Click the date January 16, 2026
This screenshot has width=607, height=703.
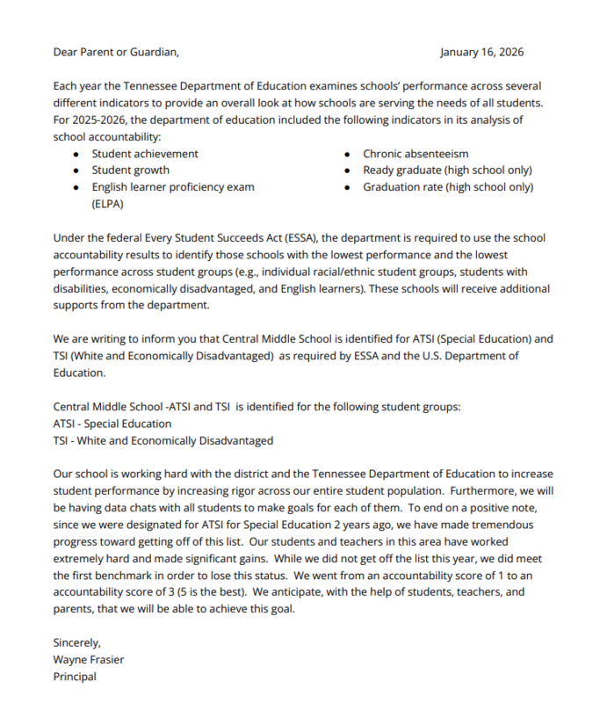click(x=481, y=52)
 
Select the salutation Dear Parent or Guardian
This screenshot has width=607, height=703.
click(x=115, y=52)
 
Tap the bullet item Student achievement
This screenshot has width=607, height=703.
click(x=145, y=154)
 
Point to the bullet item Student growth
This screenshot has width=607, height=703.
click(x=131, y=170)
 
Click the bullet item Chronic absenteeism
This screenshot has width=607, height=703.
click(x=416, y=154)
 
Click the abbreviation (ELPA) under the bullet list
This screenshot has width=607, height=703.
click(x=109, y=204)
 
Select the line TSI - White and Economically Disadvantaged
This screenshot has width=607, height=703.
click(x=163, y=440)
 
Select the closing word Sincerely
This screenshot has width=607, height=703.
click(x=77, y=643)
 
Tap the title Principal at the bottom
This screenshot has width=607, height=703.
click(x=75, y=677)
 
